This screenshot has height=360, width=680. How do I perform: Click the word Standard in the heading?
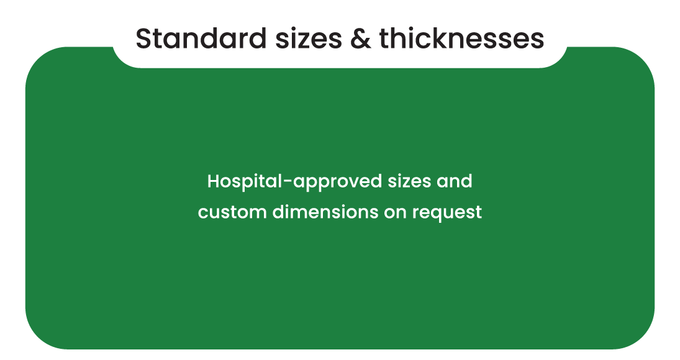click(x=201, y=38)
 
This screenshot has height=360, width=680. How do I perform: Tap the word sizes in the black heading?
click(x=309, y=38)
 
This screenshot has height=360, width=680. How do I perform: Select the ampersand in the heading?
click(x=360, y=38)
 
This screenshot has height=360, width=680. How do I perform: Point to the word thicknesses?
click(x=462, y=38)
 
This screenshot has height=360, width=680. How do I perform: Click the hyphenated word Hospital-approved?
click(x=294, y=182)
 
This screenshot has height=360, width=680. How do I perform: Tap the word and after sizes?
click(x=455, y=181)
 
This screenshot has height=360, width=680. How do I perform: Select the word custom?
click(x=232, y=212)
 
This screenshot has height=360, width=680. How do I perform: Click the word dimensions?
click(x=325, y=212)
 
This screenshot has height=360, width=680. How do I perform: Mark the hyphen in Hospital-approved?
click(x=288, y=182)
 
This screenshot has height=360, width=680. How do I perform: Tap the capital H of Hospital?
click(x=214, y=181)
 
